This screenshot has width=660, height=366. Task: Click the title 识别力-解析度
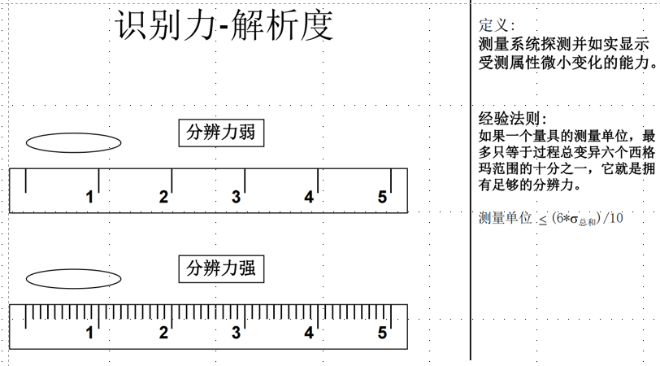pos(224,25)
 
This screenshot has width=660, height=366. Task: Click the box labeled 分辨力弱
pos(221,133)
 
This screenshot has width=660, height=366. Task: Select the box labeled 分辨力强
pos(221,268)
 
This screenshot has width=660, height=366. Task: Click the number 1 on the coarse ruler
pos(89,197)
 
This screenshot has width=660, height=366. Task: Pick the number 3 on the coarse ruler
pos(237,197)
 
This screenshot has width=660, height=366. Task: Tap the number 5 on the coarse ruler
pos(382,197)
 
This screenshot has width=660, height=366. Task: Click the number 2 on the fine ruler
pos(163,333)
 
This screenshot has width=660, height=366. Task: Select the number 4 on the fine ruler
pos(310,333)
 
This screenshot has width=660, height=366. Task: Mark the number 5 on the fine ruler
pos(382,333)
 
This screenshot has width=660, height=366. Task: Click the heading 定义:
pos(497,25)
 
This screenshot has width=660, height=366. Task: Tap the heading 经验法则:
pos(513,119)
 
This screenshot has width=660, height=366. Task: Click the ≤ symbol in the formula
pos(543,220)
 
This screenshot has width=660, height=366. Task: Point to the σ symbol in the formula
pos(574,220)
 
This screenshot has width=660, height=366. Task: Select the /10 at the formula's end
pos(613,218)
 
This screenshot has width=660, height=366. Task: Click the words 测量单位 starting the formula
pos(506,218)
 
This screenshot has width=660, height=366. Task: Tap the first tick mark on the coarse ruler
pos(26,181)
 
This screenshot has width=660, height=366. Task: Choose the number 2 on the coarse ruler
pos(163,197)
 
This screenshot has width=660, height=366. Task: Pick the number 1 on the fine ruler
pos(89,333)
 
